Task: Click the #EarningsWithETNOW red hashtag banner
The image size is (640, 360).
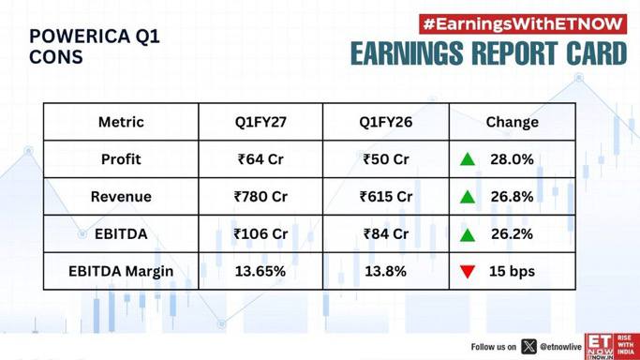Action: coord(523,24)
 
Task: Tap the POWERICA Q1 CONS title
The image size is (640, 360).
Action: coord(95,47)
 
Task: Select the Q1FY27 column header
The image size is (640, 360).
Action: coord(260,122)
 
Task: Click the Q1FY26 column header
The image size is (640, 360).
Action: coord(386,122)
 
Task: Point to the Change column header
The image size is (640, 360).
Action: coord(513,122)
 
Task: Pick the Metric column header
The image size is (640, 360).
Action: coord(121,122)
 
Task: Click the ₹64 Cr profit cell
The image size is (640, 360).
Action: coord(260,159)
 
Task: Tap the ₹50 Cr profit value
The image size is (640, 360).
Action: coord(386,159)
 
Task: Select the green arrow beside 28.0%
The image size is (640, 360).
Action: coord(468,159)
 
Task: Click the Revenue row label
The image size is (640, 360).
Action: coord(121,197)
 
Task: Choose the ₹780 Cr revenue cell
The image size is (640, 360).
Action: coord(260,197)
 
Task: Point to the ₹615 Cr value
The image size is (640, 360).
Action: coord(386,197)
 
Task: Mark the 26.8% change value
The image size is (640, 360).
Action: coord(512,197)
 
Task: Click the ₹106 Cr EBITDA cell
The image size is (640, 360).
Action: coord(260,233)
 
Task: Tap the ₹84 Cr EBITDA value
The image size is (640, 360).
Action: coord(386,233)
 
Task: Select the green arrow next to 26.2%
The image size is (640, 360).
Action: coord(468,234)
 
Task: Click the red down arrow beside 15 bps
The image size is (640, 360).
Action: coord(468,272)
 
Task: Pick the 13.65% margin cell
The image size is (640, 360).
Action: coord(260,272)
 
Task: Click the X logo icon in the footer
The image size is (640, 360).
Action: coord(529,347)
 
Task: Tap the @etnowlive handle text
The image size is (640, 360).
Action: coord(560,347)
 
